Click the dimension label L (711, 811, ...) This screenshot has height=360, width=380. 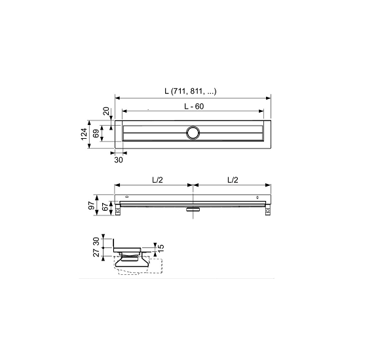click(x=190, y=91)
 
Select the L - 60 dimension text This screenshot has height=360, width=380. click(x=194, y=106)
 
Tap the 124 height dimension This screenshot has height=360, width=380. click(x=84, y=134)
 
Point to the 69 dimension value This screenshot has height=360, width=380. click(x=96, y=134)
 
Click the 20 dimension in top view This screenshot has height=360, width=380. click(x=106, y=111)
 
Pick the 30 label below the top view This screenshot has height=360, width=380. click(x=119, y=160)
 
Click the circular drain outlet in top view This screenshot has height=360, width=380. click(x=193, y=133)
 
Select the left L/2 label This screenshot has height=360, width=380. click(x=157, y=179)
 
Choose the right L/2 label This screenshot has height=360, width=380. click(x=233, y=179)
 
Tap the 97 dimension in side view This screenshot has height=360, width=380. click(x=91, y=206)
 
